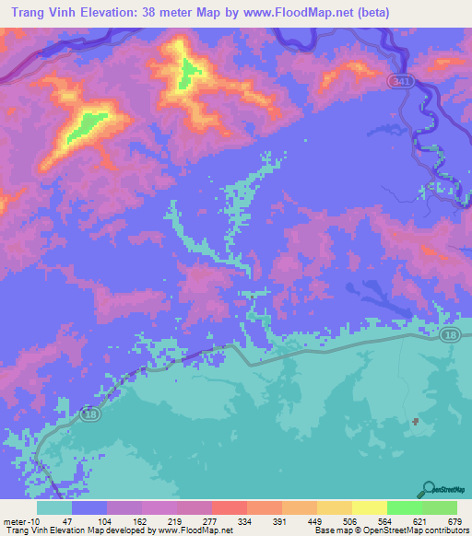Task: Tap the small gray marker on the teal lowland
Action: click(x=416, y=422)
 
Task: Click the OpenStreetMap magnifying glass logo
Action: click(x=429, y=489)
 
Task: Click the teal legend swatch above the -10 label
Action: click(x=54, y=507)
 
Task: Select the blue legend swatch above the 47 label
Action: click(x=89, y=507)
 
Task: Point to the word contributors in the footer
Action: click(x=444, y=530)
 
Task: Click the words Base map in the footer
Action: click(x=331, y=530)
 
